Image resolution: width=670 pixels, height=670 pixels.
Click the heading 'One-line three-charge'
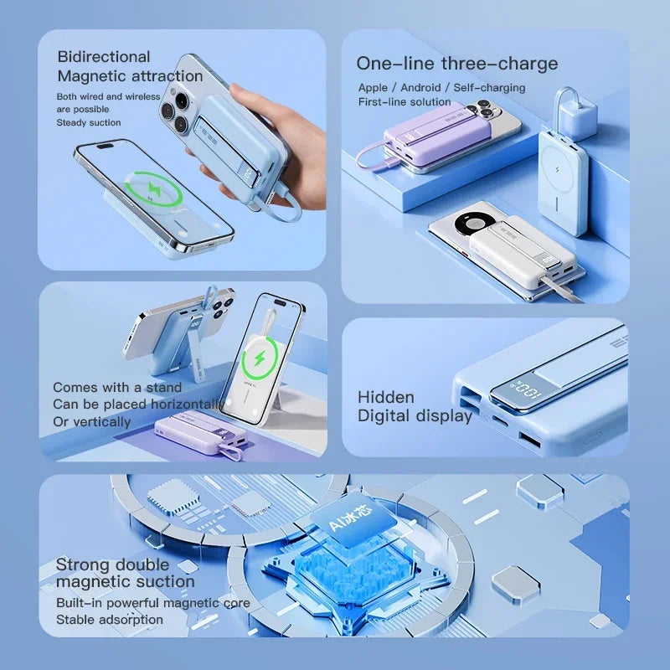[x=456, y=64]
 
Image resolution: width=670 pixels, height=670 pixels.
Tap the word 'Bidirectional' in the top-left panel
[x=104, y=57]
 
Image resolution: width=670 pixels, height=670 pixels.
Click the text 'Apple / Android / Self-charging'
[x=441, y=88]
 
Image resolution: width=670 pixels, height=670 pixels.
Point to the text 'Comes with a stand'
[x=117, y=387]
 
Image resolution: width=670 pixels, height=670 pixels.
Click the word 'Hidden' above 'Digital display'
[x=386, y=397]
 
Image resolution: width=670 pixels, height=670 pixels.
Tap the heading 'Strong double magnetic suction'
[x=125, y=573]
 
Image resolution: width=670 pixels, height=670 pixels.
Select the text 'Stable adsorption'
[x=110, y=620]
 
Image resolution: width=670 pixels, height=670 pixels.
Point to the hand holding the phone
[x=276, y=142]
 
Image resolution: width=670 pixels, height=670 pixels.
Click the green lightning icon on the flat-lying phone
[x=153, y=189]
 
